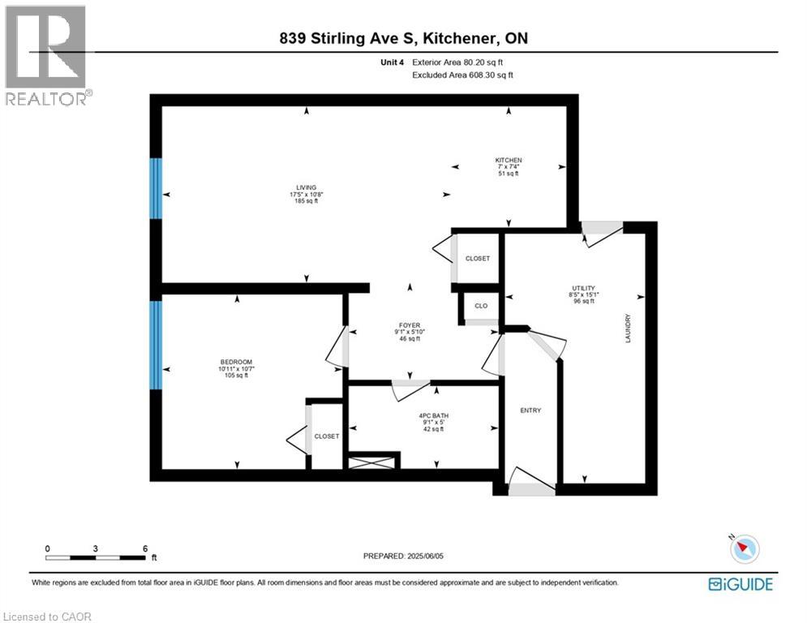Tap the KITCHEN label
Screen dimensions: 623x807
coord(509,161)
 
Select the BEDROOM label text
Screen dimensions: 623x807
coord(236,362)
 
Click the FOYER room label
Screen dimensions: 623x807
coord(409,324)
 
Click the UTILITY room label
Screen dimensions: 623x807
coord(583,288)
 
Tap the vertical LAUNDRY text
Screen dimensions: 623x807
coord(629,329)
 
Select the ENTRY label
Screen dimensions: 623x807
coord(530,410)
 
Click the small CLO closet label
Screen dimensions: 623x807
coord(481,307)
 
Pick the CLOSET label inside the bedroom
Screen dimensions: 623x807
coord(326,436)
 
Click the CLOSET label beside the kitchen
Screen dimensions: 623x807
coord(478,259)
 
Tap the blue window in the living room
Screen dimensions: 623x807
coord(156,188)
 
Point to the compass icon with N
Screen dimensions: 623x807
coord(744,549)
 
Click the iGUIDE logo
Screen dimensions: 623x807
coord(740,584)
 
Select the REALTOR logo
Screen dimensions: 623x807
coord(46,55)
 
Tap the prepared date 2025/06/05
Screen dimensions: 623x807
coord(405,556)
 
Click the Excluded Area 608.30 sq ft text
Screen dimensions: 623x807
coord(463,75)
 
